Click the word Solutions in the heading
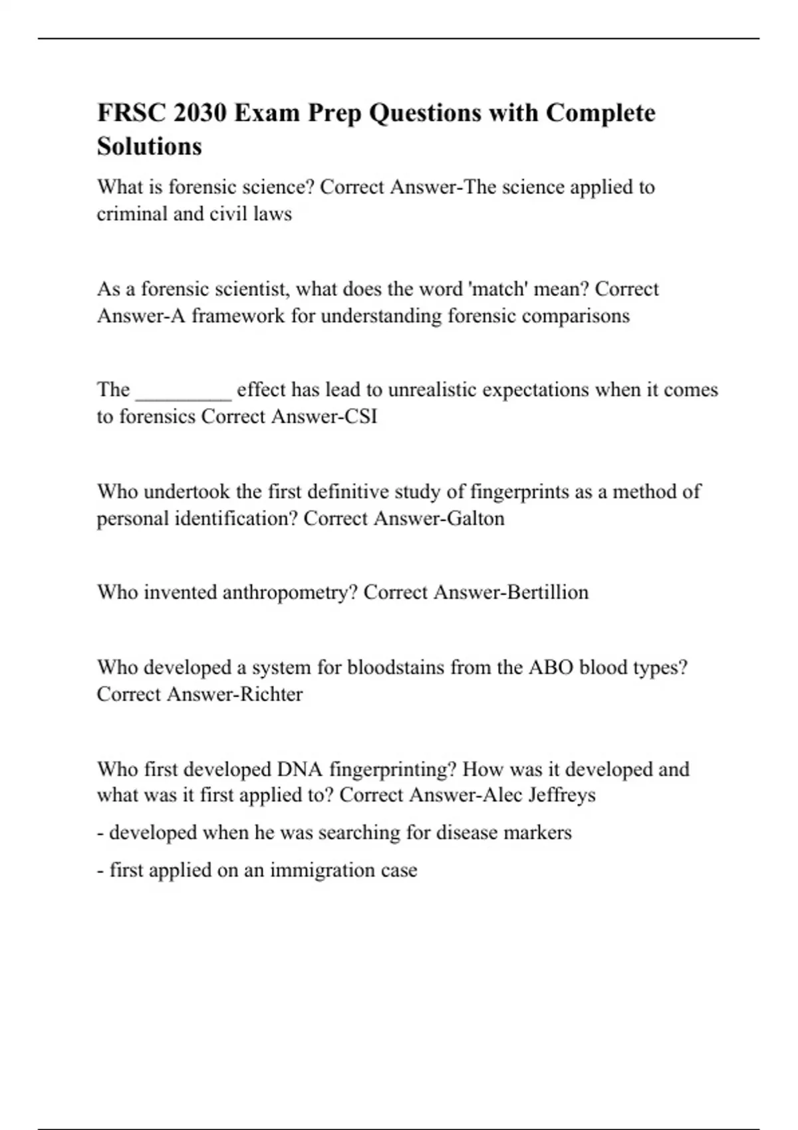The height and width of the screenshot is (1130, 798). pos(149,146)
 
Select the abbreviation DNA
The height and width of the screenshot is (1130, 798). pos(300,769)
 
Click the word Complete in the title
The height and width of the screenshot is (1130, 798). pos(600,113)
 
